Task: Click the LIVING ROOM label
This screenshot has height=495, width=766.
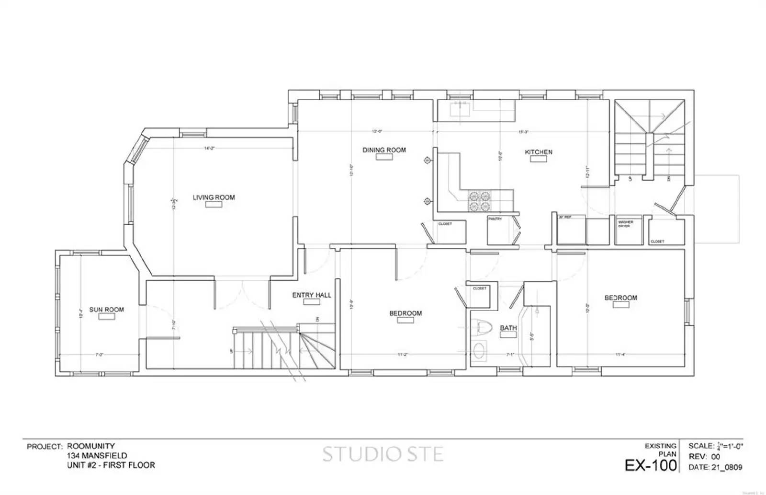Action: [x=214, y=197]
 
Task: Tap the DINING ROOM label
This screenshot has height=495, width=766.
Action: [x=384, y=150]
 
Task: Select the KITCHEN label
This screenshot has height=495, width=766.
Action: [x=539, y=152]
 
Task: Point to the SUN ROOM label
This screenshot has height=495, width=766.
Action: [x=106, y=310]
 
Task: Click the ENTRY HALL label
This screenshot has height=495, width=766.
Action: [x=312, y=295]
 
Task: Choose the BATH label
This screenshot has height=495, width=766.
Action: [x=508, y=328]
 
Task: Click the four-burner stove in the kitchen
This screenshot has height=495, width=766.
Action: [x=480, y=201]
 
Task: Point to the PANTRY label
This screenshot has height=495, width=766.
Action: [x=494, y=219]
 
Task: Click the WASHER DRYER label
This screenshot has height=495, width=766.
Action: [x=625, y=224]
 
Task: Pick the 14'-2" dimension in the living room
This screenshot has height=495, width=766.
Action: [x=209, y=149]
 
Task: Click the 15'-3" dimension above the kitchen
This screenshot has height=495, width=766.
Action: [x=523, y=132]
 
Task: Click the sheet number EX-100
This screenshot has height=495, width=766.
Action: [x=651, y=465]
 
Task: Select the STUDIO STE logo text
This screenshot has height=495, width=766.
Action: [x=383, y=454]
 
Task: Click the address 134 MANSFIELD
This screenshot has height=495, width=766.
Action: [x=97, y=456]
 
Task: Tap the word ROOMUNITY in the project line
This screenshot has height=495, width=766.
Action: [x=91, y=446]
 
